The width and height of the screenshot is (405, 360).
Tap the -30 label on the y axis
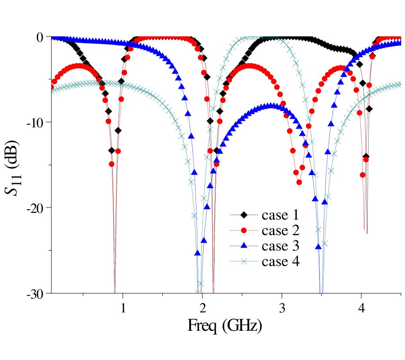35,293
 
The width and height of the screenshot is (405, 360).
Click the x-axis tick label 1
123,308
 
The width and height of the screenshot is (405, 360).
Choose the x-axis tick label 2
202,308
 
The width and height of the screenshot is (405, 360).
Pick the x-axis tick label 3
282,308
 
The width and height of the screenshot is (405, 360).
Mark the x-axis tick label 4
361,308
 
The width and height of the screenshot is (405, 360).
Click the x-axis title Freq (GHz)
224,326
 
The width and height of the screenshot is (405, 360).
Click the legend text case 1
280,215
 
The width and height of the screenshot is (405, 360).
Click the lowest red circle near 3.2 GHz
299,182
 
